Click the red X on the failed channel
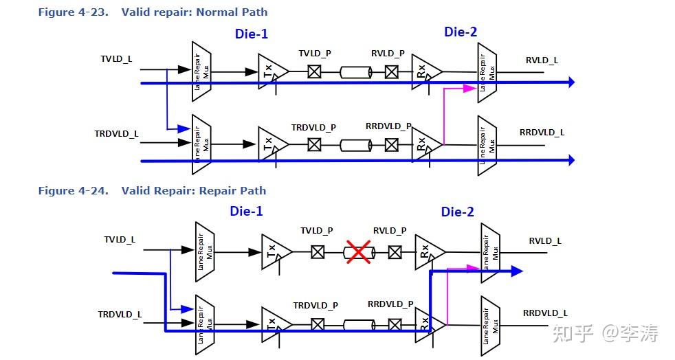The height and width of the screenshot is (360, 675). pyautogui.click(x=358, y=251)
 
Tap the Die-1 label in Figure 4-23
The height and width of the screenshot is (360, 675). pyautogui.click(x=252, y=34)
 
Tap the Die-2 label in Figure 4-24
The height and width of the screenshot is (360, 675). pyautogui.click(x=458, y=212)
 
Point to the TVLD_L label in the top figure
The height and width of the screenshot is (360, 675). pyautogui.click(x=116, y=59)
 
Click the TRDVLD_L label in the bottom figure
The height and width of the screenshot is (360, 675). pyautogui.click(x=120, y=315)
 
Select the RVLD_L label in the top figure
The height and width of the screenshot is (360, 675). pyautogui.click(x=542, y=60)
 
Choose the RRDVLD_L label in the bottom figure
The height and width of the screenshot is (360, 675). pyautogui.click(x=545, y=313)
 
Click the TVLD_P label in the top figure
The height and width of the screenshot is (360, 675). pyautogui.click(x=315, y=54)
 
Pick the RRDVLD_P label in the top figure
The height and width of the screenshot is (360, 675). pyautogui.click(x=388, y=126)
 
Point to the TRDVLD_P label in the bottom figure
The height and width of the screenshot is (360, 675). pyautogui.click(x=316, y=305)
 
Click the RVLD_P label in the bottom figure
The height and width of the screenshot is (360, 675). pyautogui.click(x=390, y=231)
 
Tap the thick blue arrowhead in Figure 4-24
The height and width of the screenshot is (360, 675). pyautogui.click(x=517, y=271)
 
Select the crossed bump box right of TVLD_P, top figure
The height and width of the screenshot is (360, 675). pyautogui.click(x=315, y=71)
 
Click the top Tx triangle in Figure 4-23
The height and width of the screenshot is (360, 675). pyautogui.click(x=273, y=71)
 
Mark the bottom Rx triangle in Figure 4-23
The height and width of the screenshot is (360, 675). pyautogui.click(x=427, y=144)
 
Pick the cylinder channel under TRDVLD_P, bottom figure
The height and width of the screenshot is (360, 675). pyautogui.click(x=359, y=325)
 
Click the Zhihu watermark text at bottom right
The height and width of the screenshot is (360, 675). pyautogui.click(x=606, y=333)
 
